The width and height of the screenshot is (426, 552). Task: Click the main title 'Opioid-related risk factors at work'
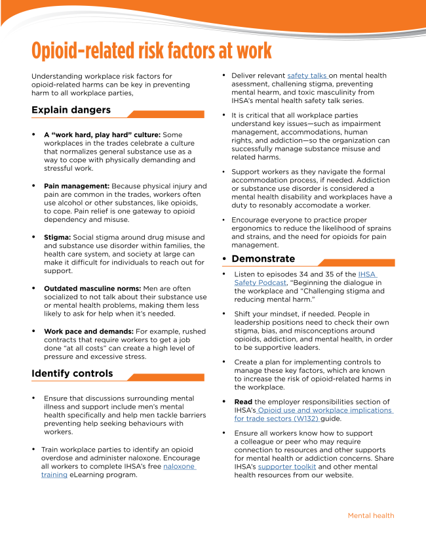pos(151,51)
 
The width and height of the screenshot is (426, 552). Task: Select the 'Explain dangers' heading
pos(71,110)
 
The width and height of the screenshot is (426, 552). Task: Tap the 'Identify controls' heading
pos(72,373)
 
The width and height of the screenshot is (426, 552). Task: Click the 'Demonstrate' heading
pos(263,259)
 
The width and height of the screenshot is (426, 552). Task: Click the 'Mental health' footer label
pos(371,516)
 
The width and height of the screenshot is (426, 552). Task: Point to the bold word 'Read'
pos(243,402)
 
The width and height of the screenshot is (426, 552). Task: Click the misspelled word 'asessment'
pos(250,84)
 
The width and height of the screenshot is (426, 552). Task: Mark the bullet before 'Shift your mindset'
pos(225,314)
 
